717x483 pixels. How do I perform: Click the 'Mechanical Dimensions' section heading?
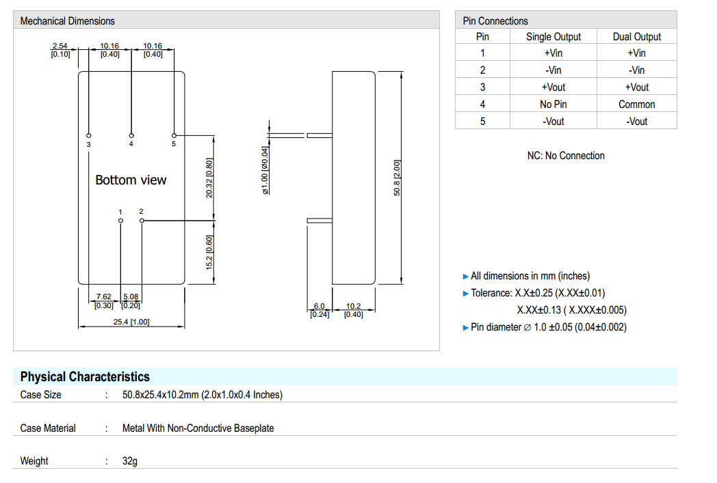tap(67, 21)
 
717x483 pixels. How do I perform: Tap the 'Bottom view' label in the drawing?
tap(131, 180)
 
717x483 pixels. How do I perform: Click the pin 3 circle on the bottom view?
tap(89, 135)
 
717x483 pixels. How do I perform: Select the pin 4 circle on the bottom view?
tap(131, 135)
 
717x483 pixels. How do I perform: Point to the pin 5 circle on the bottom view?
tap(174, 135)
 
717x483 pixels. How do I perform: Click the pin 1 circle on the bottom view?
tap(120, 221)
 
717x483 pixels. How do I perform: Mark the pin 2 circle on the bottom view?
tap(142, 221)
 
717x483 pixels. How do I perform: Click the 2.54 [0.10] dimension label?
tap(60, 50)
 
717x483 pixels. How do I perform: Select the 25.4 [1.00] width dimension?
tap(131, 322)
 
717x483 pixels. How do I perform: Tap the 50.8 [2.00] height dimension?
tap(397, 178)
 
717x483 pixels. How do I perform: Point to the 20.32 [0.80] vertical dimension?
tap(210, 178)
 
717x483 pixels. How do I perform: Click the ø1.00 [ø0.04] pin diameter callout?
tap(265, 171)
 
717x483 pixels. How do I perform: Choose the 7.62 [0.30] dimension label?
tap(103, 301)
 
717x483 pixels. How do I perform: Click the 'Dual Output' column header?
tap(636, 37)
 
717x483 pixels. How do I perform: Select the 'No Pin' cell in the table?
tap(553, 105)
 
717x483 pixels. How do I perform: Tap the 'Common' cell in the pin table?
tap(636, 105)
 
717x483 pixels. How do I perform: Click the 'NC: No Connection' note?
tap(565, 156)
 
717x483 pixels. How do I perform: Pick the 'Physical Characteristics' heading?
tap(85, 376)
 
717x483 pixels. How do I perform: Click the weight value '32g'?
tap(130, 461)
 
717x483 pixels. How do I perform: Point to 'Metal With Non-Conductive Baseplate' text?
tap(198, 428)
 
